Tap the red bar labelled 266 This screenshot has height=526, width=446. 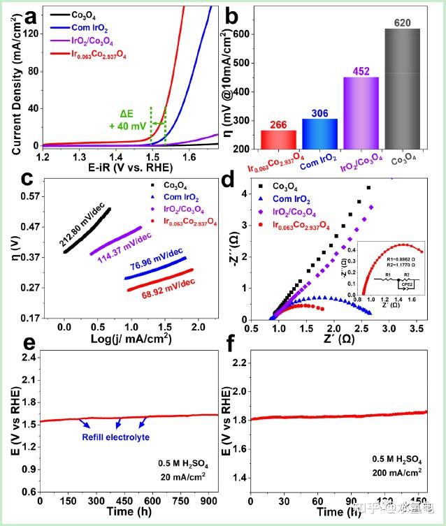(x=278, y=140)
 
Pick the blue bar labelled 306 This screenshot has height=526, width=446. (x=319, y=133)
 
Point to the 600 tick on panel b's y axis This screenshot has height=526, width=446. (x=240, y=34)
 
